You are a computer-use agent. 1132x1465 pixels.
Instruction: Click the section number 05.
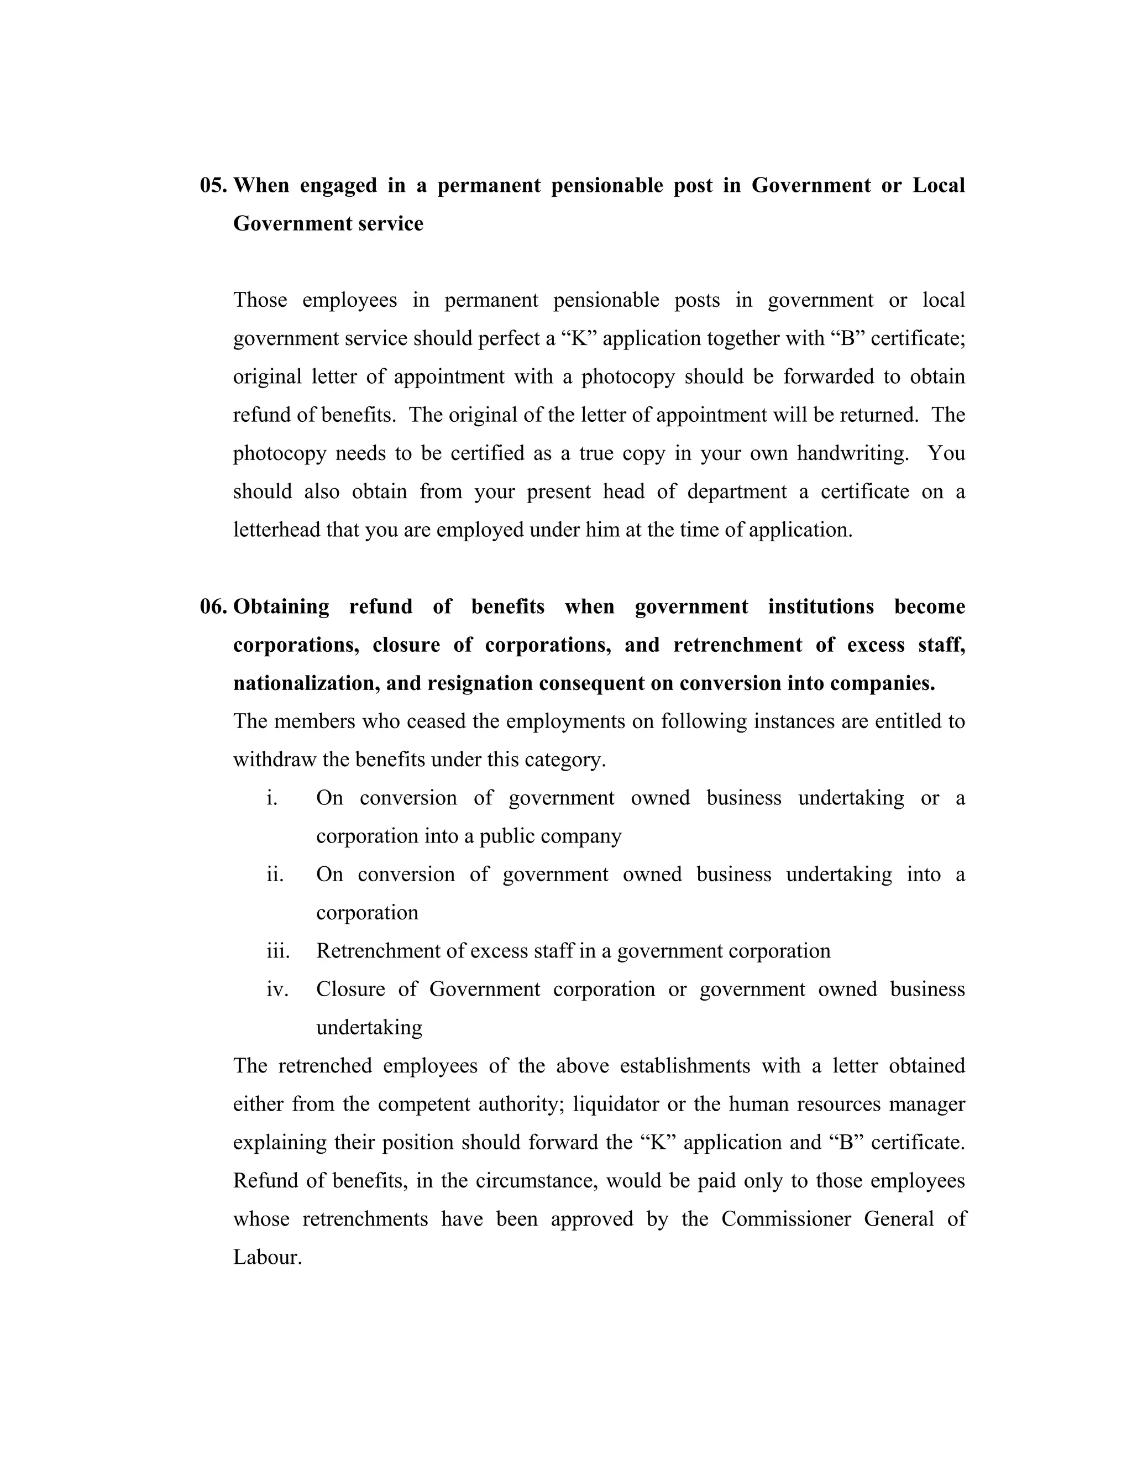pyautogui.click(x=214, y=185)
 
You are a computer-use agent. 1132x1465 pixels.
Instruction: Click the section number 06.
pyautogui.click(x=214, y=606)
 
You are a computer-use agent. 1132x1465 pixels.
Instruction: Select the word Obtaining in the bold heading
pyautogui.click(x=281, y=607)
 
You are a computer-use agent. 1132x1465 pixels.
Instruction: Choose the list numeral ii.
pyautogui.click(x=275, y=875)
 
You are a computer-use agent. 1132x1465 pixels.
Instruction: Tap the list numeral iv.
pyautogui.click(x=277, y=990)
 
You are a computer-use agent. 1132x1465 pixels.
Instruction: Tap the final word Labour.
pyautogui.click(x=267, y=1257)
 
